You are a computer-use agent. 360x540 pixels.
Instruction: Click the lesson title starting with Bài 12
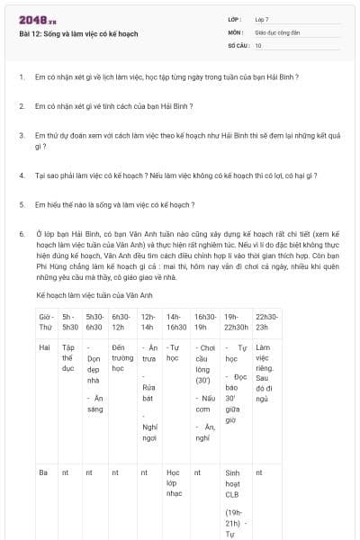(78, 33)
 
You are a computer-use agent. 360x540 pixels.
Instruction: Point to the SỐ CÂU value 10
(258, 44)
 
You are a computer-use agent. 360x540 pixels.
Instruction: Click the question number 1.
(21, 76)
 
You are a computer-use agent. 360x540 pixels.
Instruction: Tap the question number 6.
(21, 233)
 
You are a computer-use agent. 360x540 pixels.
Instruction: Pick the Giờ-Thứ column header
(46, 322)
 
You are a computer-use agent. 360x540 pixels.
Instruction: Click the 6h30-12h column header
(121, 322)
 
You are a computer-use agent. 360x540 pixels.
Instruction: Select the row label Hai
(43, 346)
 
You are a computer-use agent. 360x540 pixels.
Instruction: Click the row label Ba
(42, 471)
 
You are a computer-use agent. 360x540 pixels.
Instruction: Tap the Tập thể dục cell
(68, 357)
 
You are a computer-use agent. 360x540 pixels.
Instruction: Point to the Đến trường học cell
(121, 357)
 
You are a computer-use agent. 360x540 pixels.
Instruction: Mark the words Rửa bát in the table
(149, 392)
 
